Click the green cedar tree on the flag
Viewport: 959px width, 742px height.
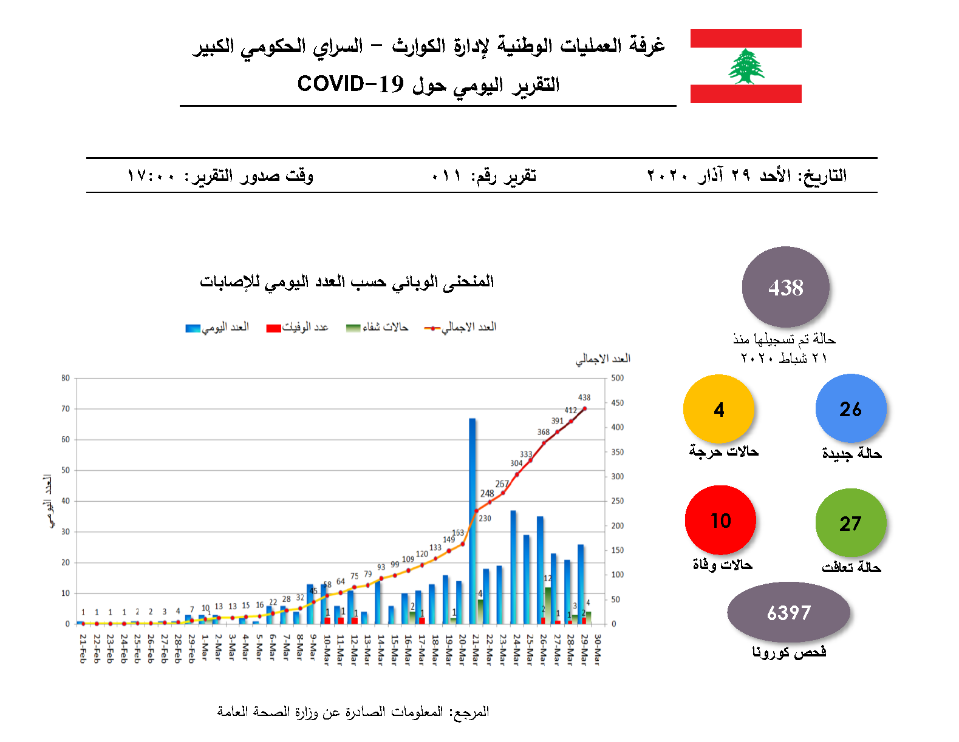point(746,67)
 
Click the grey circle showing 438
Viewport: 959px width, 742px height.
point(785,287)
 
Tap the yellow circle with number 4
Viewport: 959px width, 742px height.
point(718,410)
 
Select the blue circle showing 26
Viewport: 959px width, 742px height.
point(850,409)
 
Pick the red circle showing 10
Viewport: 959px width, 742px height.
point(720,521)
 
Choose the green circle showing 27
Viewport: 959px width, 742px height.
point(850,523)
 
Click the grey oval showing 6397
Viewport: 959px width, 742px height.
point(788,613)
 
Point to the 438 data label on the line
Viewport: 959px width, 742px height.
point(584,397)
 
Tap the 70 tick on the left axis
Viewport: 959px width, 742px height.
point(66,409)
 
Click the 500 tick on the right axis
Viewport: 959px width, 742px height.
point(617,378)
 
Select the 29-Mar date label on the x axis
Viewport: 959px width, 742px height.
point(584,649)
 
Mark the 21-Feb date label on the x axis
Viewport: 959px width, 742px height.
point(83,649)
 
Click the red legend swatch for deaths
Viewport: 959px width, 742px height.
point(273,328)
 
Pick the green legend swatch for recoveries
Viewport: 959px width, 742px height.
point(353,328)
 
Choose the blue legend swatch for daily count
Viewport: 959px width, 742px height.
point(193,328)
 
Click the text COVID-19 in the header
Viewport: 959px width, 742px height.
point(350,84)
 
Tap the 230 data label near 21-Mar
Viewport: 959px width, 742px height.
point(485,518)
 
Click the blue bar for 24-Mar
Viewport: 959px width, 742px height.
point(513,567)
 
